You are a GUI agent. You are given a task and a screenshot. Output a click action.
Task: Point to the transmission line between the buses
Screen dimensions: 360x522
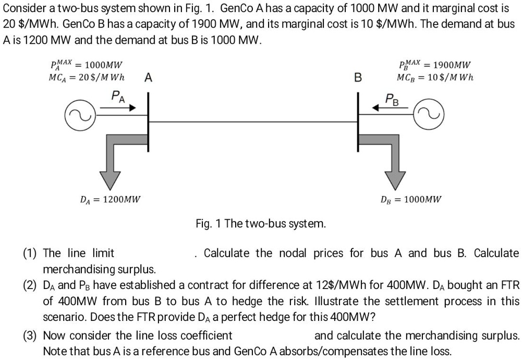(253, 122)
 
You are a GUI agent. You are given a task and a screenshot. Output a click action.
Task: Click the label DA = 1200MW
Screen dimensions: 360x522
(110, 199)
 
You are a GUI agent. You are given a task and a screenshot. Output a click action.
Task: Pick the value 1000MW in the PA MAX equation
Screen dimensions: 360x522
(103, 65)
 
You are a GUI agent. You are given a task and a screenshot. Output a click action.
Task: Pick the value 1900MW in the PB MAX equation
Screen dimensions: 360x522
(452, 65)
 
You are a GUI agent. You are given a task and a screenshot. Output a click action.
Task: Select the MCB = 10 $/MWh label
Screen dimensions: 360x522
(435, 78)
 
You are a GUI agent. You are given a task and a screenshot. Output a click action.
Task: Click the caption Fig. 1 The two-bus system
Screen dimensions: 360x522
(261, 224)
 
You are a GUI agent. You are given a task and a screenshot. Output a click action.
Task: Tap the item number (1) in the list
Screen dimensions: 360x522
(30, 254)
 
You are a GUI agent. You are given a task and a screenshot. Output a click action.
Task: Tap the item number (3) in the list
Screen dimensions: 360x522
(30, 335)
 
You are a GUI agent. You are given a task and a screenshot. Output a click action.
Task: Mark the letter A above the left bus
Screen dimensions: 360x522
(148, 78)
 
